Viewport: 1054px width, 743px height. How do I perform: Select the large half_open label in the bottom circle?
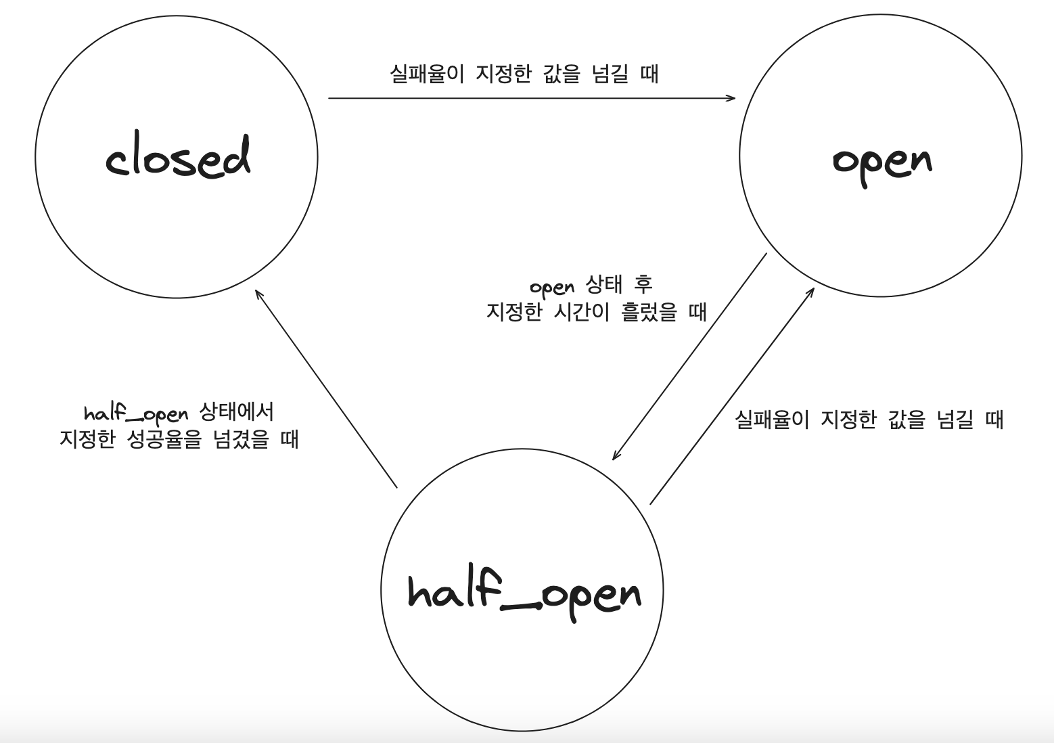[524, 593]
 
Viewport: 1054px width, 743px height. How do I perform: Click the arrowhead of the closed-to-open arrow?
[731, 98]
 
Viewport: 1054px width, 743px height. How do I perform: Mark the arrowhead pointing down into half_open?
[616, 456]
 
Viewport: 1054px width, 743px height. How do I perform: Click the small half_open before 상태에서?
[136, 413]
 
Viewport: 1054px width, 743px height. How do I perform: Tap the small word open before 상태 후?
[551, 287]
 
